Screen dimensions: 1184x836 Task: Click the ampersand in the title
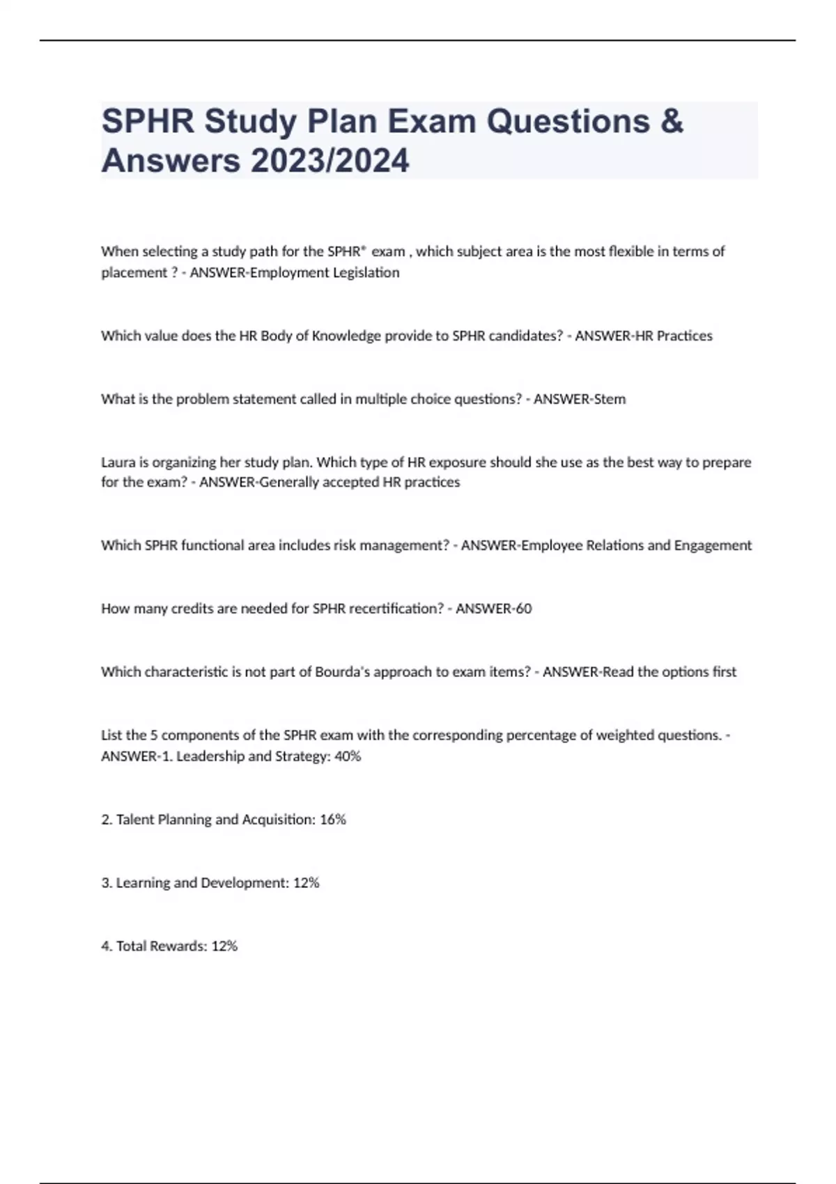[x=670, y=121]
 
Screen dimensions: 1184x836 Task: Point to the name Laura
[x=118, y=462]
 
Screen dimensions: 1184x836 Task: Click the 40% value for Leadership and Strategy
[x=348, y=756]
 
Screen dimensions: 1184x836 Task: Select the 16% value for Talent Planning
[x=333, y=820]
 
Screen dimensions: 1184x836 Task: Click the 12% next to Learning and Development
[x=307, y=883]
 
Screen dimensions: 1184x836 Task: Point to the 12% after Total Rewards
[x=224, y=947]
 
